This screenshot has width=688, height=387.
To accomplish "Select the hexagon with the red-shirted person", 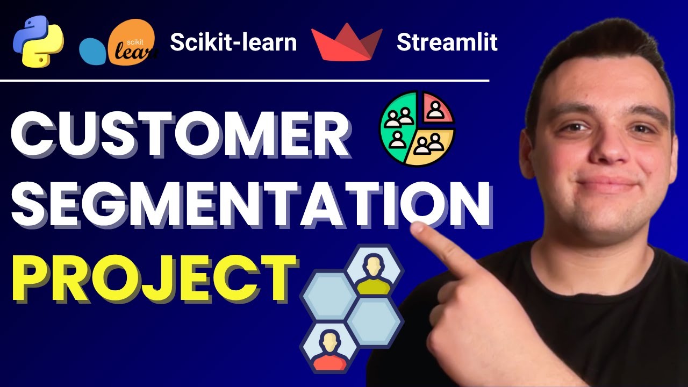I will (327, 348).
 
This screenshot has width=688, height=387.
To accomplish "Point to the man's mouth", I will (608, 185).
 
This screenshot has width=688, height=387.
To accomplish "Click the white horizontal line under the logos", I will (245, 81).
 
